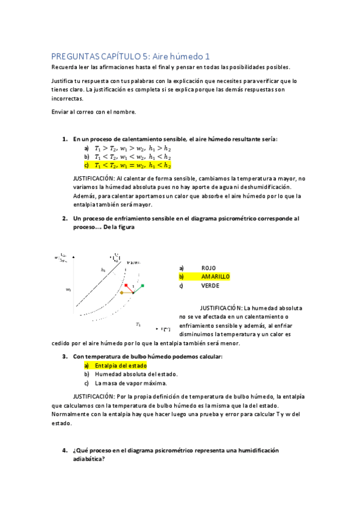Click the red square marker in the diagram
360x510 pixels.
(x=126, y=285)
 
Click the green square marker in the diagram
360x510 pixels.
(x=142, y=285)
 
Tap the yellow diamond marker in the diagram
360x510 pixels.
(x=121, y=293)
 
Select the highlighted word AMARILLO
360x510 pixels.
(x=215, y=277)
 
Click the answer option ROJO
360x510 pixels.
(x=209, y=268)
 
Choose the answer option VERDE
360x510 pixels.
(x=210, y=286)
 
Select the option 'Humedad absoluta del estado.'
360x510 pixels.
(x=136, y=374)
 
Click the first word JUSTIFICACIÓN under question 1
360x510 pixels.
(x=94, y=179)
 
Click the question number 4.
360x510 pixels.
(x=64, y=450)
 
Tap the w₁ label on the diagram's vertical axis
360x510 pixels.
(x=69, y=290)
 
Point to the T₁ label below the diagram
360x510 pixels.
(x=138, y=324)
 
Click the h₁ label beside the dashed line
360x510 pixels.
(x=103, y=270)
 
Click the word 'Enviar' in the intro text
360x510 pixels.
(x=59, y=112)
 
